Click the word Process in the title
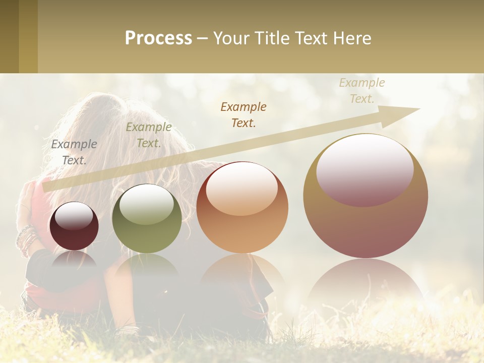click(x=158, y=38)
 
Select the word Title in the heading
click(x=269, y=38)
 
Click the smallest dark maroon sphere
click(x=74, y=227)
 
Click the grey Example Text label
click(x=74, y=152)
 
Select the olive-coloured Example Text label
click(x=149, y=135)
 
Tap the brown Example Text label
click(x=244, y=114)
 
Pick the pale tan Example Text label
click(x=362, y=90)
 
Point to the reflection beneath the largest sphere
click(x=366, y=282)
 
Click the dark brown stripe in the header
click(x=9, y=36)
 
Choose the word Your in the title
click(x=232, y=38)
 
